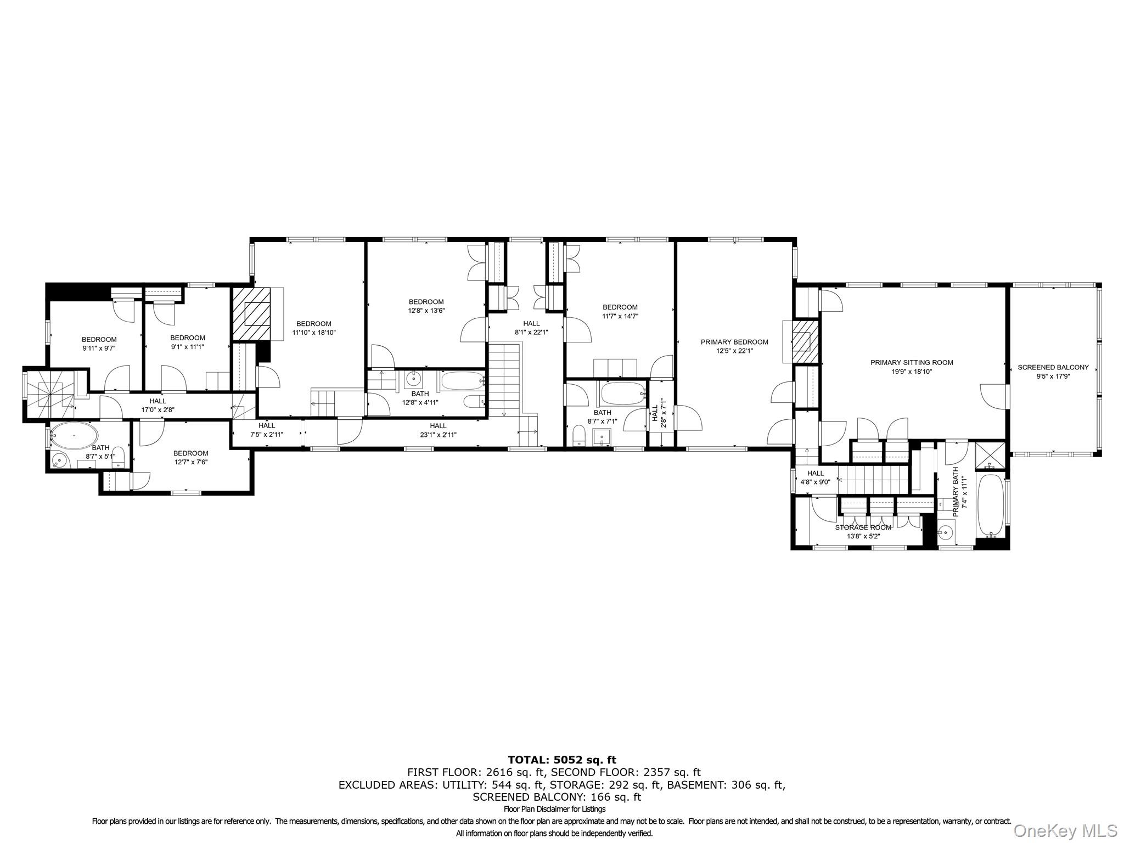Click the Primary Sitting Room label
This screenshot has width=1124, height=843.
912,362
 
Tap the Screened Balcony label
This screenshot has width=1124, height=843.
1053,367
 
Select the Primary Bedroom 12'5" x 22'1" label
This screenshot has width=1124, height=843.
734,342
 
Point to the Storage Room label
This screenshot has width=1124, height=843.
863,527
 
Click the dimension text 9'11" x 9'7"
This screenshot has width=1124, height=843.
99,348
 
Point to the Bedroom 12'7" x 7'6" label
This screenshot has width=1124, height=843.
190,453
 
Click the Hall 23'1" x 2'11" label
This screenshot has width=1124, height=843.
438,426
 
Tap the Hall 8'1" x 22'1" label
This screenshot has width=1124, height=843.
531,323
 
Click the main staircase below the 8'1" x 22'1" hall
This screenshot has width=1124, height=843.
504,379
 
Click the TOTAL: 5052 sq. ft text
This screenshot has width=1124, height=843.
561,760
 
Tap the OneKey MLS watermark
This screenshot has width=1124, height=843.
1065,830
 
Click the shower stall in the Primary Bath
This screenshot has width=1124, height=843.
991,455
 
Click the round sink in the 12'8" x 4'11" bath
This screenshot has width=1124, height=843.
413,379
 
